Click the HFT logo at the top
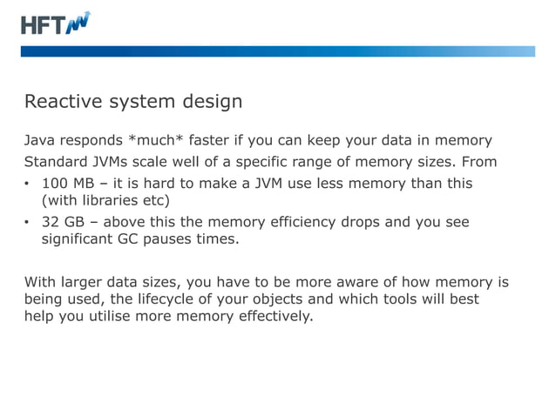tap(55, 23)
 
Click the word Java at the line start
tap(39, 140)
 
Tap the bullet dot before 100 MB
tap(27, 184)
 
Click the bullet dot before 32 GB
tap(27, 222)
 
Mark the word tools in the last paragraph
tap(413, 299)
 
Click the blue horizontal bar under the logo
tap(279, 51)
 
